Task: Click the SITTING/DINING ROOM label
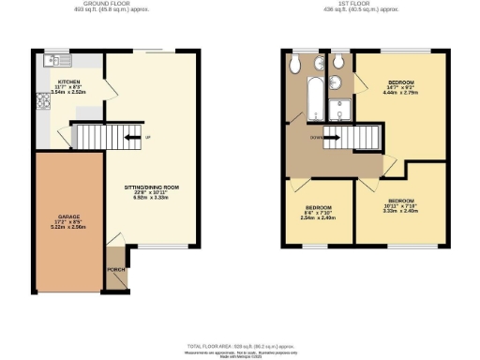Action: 151,188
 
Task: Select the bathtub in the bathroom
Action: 311,97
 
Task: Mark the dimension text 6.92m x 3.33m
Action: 151,200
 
